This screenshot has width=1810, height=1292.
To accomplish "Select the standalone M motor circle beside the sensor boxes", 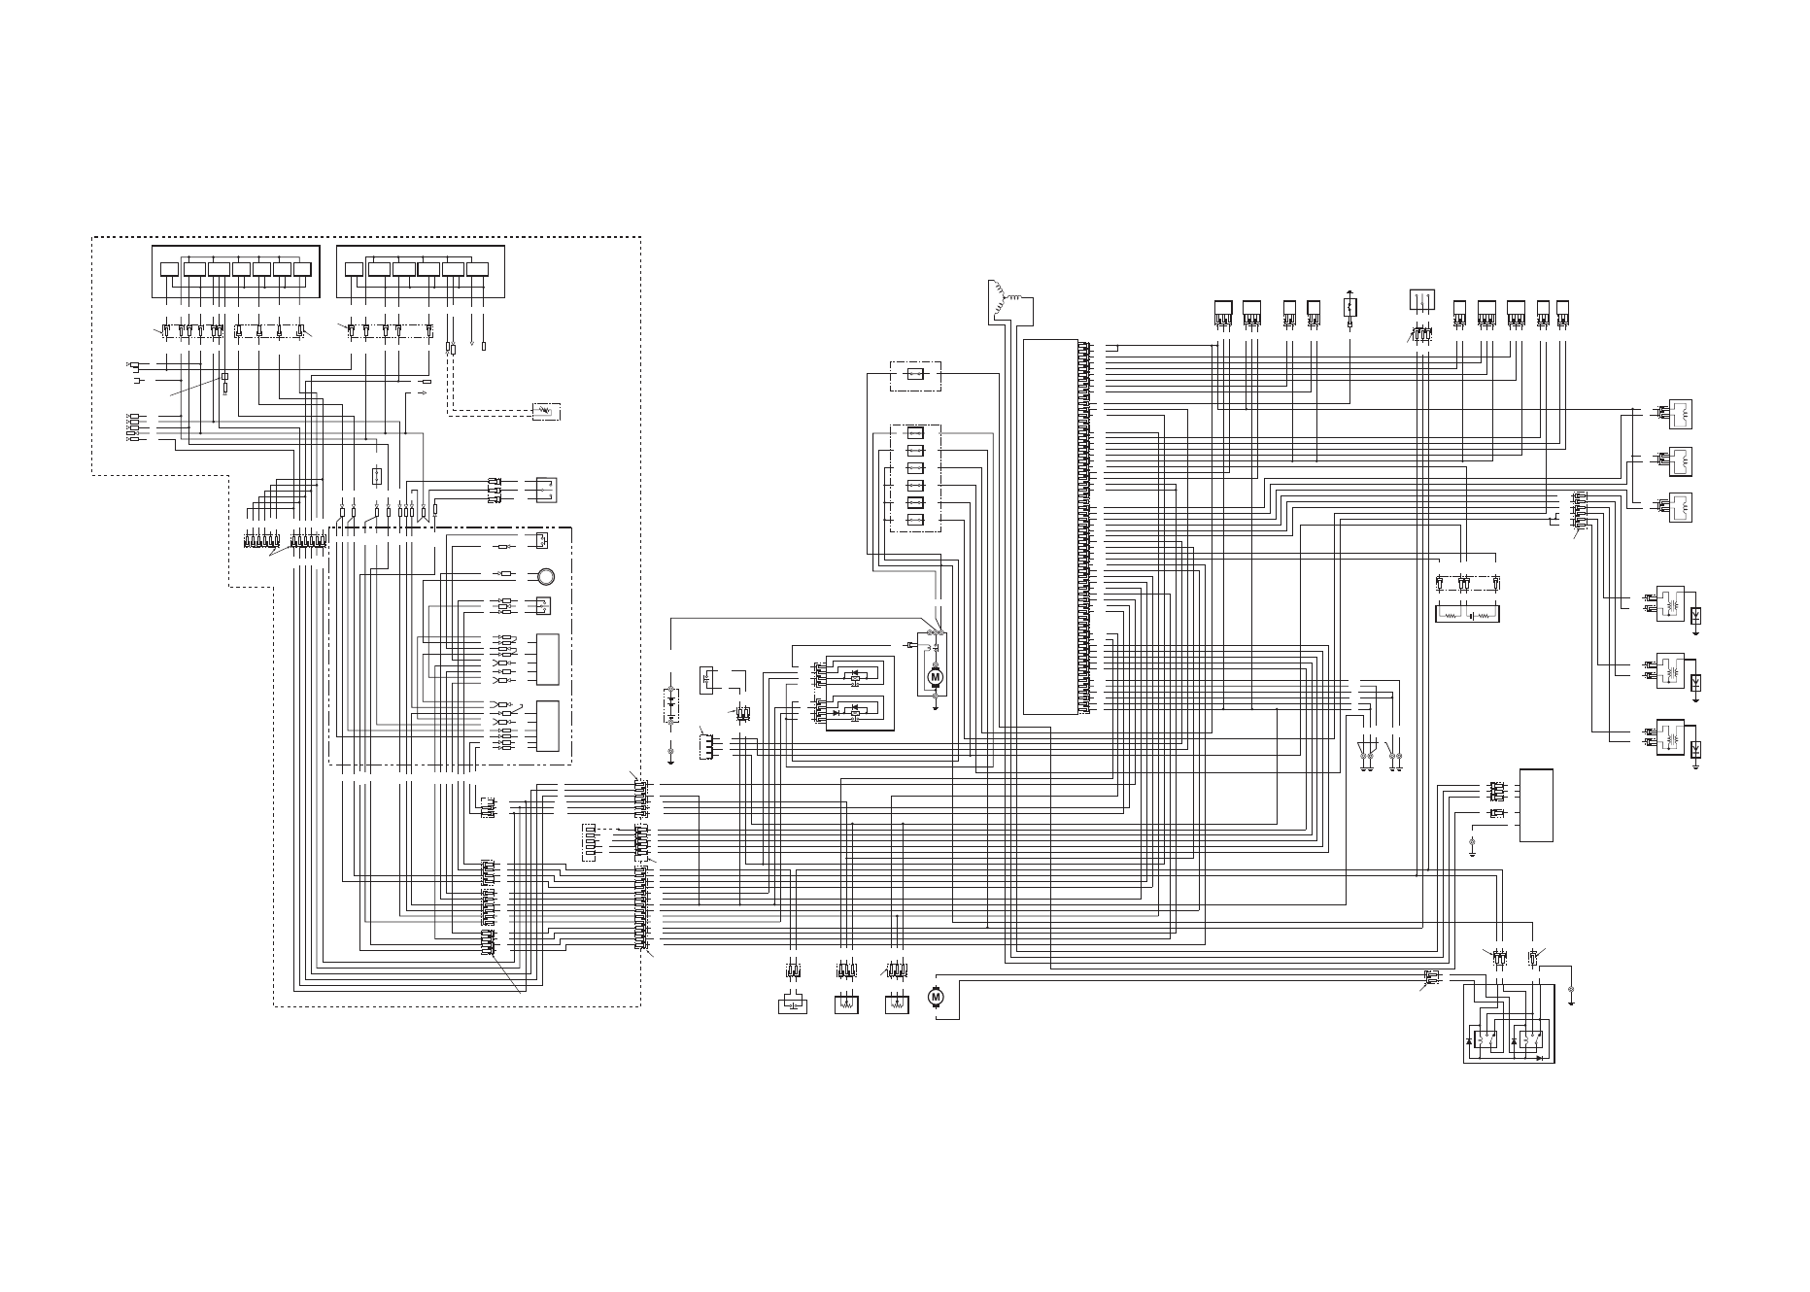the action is (937, 997).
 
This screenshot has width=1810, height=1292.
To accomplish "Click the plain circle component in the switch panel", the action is (545, 575).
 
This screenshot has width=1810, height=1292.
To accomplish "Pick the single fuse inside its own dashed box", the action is (915, 374).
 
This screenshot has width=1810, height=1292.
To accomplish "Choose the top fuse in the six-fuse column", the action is (915, 433).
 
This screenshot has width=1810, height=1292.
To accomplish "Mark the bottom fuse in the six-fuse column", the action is (915, 521).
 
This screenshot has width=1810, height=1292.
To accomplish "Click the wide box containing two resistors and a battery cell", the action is (1467, 614).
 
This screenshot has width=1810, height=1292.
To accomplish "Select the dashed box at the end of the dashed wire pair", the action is (546, 411).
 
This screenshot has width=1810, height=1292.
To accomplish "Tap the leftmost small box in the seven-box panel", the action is (169, 269).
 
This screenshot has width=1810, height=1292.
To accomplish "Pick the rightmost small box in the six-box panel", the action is (477, 269).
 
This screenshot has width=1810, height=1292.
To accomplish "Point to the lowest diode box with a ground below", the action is (1695, 749).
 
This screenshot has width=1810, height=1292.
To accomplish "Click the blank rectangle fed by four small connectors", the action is (1536, 805).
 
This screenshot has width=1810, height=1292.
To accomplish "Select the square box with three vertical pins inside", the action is (1421, 300).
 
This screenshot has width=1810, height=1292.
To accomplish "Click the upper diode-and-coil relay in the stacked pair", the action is (855, 674).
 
